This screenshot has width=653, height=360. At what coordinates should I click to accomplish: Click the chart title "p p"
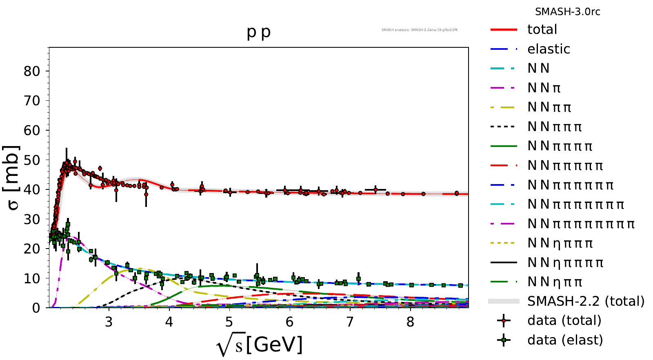click(259, 32)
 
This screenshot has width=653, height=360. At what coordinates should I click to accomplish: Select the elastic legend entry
click(549, 49)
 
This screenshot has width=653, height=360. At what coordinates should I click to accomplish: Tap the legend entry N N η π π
click(555, 282)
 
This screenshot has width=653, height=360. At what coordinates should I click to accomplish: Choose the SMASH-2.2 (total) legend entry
click(586, 301)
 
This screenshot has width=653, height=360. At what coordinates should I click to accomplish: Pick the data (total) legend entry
click(564, 321)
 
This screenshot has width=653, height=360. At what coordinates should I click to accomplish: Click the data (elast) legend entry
click(565, 340)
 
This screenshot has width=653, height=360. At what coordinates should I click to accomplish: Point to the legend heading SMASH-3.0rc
click(567, 12)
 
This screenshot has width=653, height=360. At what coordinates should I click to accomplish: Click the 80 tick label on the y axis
click(32, 71)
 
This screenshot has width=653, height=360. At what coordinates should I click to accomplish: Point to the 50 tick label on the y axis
click(32, 160)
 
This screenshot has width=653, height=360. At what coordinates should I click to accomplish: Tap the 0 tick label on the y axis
click(36, 308)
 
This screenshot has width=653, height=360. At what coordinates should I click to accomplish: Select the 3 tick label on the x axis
click(109, 322)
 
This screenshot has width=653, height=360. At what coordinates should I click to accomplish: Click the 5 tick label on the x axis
click(229, 322)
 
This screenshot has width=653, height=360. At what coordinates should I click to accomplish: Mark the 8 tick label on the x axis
click(410, 322)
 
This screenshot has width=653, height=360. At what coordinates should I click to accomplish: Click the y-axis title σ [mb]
click(13, 178)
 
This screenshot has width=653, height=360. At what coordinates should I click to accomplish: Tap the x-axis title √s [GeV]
click(260, 345)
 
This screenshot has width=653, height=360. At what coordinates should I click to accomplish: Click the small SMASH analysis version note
click(419, 30)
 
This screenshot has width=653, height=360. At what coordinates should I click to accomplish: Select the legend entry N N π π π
click(555, 127)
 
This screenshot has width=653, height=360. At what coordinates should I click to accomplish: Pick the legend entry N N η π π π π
click(565, 262)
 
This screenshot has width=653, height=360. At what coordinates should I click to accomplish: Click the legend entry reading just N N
click(538, 68)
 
